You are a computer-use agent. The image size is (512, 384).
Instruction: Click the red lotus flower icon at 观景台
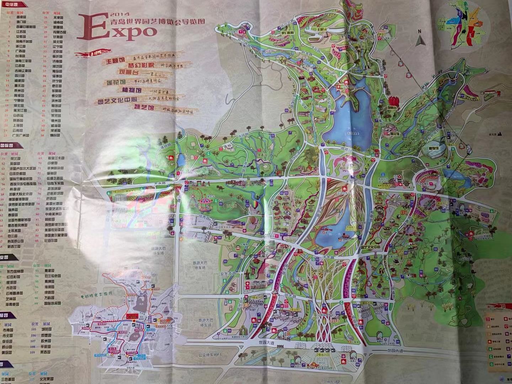click(394, 101)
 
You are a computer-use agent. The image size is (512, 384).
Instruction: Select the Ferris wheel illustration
click(193, 198)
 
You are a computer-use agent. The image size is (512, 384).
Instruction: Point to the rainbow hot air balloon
click(256, 206)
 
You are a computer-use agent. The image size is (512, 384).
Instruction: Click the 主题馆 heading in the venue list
click(114, 61)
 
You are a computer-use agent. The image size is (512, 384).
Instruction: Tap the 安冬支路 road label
click(228, 274)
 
